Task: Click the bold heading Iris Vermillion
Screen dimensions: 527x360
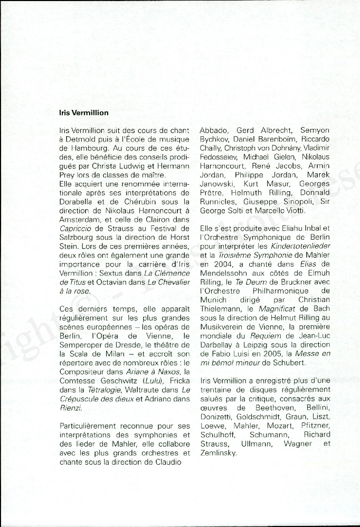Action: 84,112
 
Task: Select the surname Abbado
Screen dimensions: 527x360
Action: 214,130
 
